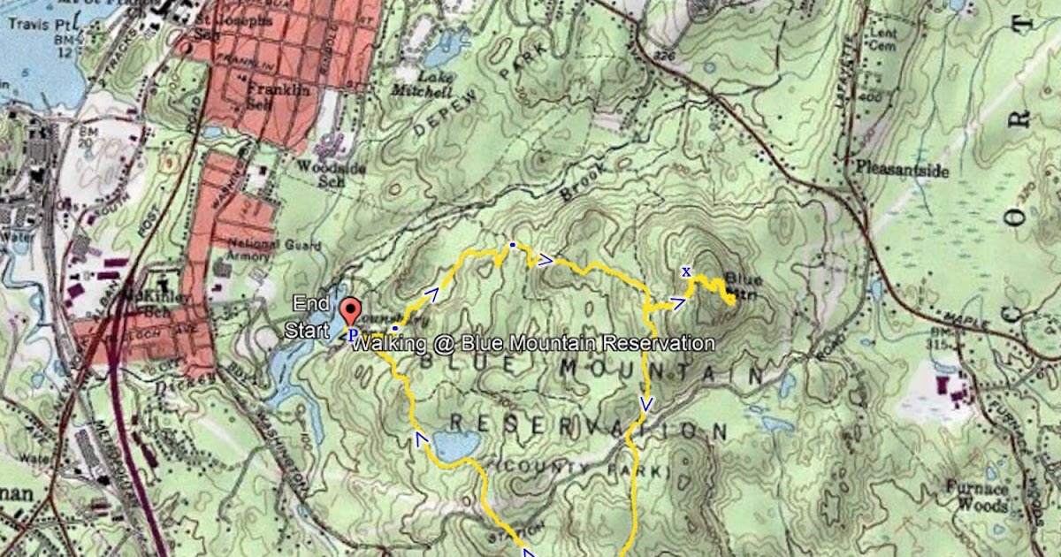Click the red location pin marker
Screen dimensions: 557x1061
[x=351, y=311]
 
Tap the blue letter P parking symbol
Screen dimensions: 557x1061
[x=351, y=335]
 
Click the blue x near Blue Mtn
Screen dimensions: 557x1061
[x=686, y=271]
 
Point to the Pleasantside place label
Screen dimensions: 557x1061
[x=901, y=167]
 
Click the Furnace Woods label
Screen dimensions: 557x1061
[x=976, y=496]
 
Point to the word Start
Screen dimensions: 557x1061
[x=302, y=330]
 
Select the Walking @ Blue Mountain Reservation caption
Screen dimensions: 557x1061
[x=533, y=342]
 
